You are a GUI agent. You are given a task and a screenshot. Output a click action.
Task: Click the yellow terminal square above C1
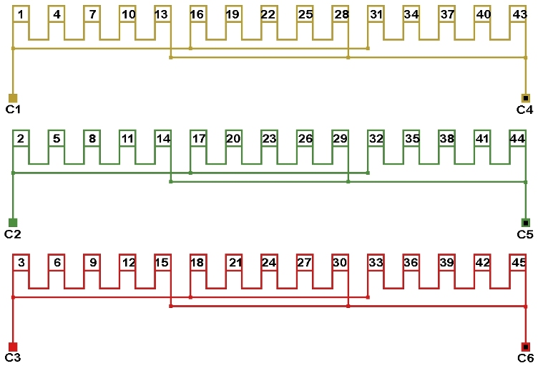(x=13, y=98)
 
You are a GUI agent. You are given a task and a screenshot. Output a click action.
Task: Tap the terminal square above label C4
(x=526, y=98)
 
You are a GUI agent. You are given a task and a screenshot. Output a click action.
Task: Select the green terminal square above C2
(x=13, y=222)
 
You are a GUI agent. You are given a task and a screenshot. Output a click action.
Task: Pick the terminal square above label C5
(x=526, y=222)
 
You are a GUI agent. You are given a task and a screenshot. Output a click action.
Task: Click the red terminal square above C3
(x=13, y=347)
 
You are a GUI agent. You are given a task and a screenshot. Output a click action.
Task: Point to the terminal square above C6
(x=526, y=347)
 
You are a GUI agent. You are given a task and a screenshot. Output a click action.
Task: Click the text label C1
(x=13, y=110)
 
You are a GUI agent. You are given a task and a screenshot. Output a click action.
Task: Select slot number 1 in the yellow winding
(x=21, y=14)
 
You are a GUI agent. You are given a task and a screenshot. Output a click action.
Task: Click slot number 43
(x=519, y=14)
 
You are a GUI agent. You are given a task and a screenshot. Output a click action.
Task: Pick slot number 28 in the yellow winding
(x=341, y=14)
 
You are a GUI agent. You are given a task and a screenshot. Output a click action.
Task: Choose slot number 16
(x=197, y=14)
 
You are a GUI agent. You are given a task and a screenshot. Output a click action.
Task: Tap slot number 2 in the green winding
(x=21, y=138)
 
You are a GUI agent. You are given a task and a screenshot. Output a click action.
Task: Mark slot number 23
(x=269, y=138)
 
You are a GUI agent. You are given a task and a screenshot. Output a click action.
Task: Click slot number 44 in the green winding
(x=517, y=138)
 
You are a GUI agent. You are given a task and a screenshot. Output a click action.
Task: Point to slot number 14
(x=163, y=138)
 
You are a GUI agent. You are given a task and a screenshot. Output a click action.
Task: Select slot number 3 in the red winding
(x=21, y=263)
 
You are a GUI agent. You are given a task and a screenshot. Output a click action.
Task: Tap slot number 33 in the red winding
(x=376, y=263)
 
